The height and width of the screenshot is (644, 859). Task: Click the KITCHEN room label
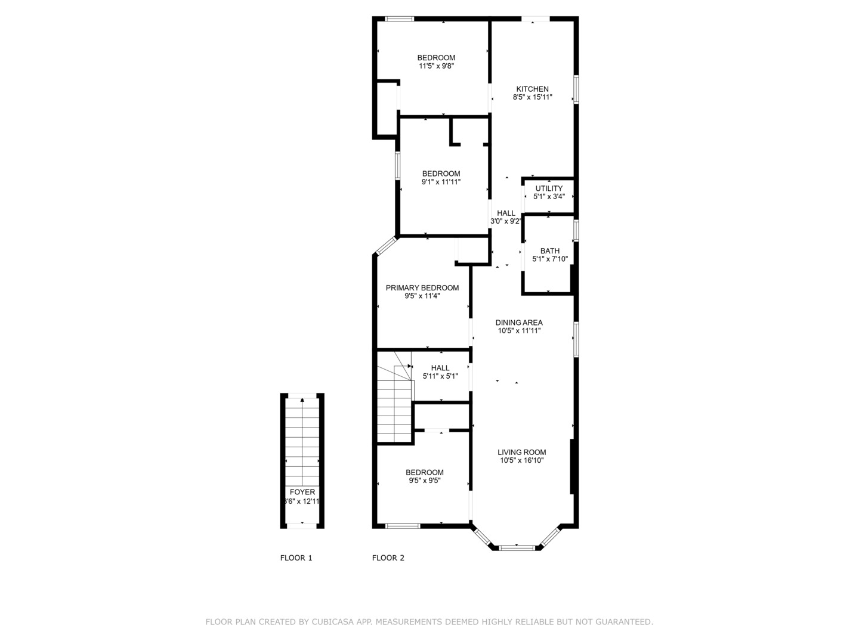point(532,89)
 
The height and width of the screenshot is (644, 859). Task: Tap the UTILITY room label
point(549,188)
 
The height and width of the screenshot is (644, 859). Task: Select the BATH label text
point(550,251)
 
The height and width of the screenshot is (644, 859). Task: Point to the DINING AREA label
point(519,323)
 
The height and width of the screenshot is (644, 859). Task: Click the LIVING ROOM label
point(521,452)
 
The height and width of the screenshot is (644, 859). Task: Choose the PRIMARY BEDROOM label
point(422,288)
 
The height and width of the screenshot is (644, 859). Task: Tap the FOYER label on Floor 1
point(302,492)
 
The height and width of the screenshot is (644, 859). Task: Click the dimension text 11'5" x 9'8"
point(436,66)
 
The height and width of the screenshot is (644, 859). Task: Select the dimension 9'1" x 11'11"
point(441,182)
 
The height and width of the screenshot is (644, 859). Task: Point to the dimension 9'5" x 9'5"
point(425,481)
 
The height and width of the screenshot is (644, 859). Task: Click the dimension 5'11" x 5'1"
point(440,376)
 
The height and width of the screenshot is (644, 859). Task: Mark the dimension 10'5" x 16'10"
point(521,460)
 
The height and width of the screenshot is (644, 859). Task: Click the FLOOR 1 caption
point(296,558)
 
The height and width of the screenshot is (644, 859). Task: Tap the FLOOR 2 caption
point(388,558)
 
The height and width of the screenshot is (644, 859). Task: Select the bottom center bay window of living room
point(517,548)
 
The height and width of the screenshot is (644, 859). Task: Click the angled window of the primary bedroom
point(386,246)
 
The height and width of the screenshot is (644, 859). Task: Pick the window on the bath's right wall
point(576,230)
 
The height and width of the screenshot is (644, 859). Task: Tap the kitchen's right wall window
point(576,89)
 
